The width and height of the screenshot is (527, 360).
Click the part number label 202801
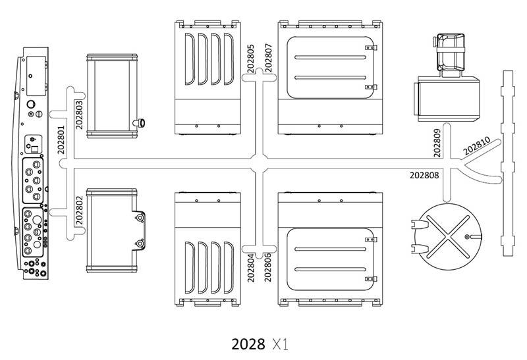click(x=61, y=140)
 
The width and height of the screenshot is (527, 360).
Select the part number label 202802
click(x=79, y=211)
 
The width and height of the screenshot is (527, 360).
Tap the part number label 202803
click(x=79, y=113)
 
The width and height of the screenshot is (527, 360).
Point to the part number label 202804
click(x=251, y=267)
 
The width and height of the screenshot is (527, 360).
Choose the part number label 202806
click(x=267, y=267)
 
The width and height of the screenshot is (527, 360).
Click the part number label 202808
click(x=426, y=175)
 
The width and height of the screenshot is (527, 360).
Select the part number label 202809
click(x=436, y=142)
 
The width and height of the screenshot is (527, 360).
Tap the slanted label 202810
click(x=476, y=145)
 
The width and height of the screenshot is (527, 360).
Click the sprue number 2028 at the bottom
click(x=247, y=344)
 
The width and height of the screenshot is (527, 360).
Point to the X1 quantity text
click(x=280, y=344)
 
